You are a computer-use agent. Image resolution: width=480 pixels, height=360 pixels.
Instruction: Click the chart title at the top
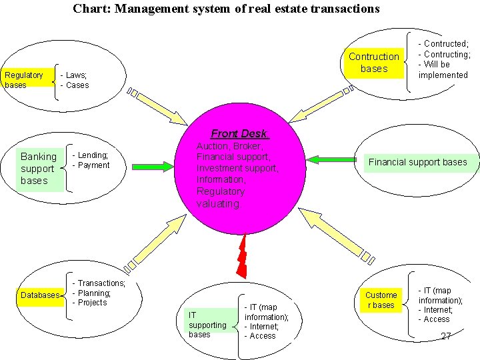226,9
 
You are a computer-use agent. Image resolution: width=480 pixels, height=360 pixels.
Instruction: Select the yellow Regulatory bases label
24,80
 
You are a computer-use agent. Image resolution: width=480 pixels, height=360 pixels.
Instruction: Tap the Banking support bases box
39,169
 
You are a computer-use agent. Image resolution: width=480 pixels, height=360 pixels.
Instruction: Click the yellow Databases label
40,295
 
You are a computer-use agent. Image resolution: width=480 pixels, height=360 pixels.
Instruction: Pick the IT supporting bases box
207,324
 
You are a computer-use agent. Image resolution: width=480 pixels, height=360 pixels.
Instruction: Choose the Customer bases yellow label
381,300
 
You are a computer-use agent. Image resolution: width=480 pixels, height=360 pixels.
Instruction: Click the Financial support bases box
417,162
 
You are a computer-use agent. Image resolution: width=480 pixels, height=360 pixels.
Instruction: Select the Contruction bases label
373,63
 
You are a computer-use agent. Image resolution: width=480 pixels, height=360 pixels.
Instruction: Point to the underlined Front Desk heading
239,133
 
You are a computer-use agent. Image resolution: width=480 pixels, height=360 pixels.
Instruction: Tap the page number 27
446,336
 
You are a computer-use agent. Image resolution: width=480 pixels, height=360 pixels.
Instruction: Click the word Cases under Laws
77,85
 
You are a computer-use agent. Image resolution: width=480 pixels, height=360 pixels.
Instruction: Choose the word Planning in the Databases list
94,293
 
